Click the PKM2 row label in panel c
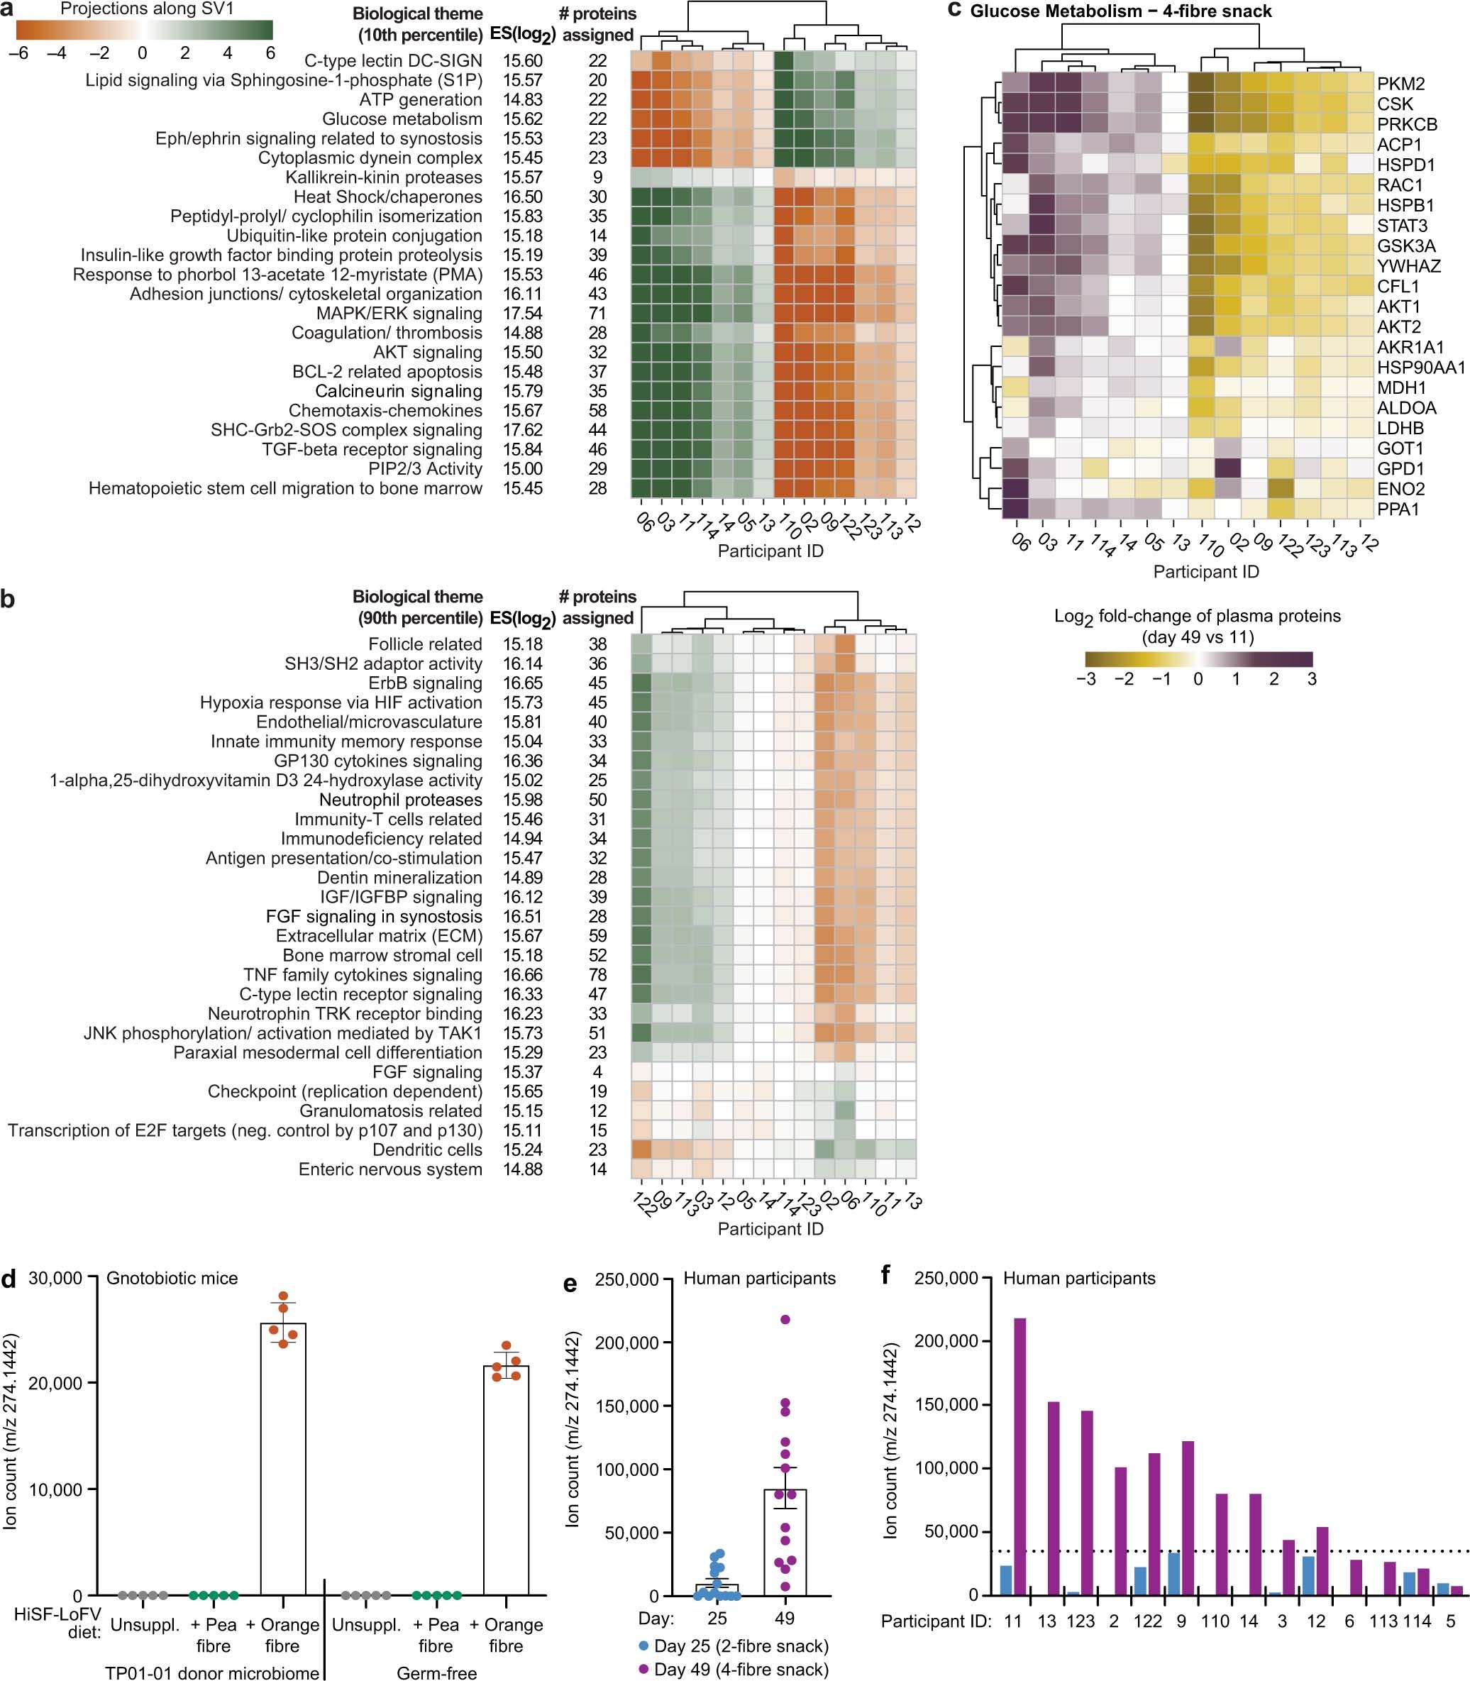tap(1400, 84)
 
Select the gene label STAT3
tap(1402, 226)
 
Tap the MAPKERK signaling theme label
tap(399, 314)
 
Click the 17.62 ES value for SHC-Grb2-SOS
tap(523, 430)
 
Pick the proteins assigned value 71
tap(597, 314)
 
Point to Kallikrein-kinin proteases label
tap(383, 177)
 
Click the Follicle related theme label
tap(424, 644)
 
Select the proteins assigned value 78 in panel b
tap(597, 975)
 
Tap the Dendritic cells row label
tap(426, 1150)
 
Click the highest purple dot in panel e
tap(785, 1319)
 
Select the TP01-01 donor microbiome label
tap(211, 1672)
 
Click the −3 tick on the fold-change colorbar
tap(1086, 678)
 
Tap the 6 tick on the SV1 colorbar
tap(269, 53)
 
